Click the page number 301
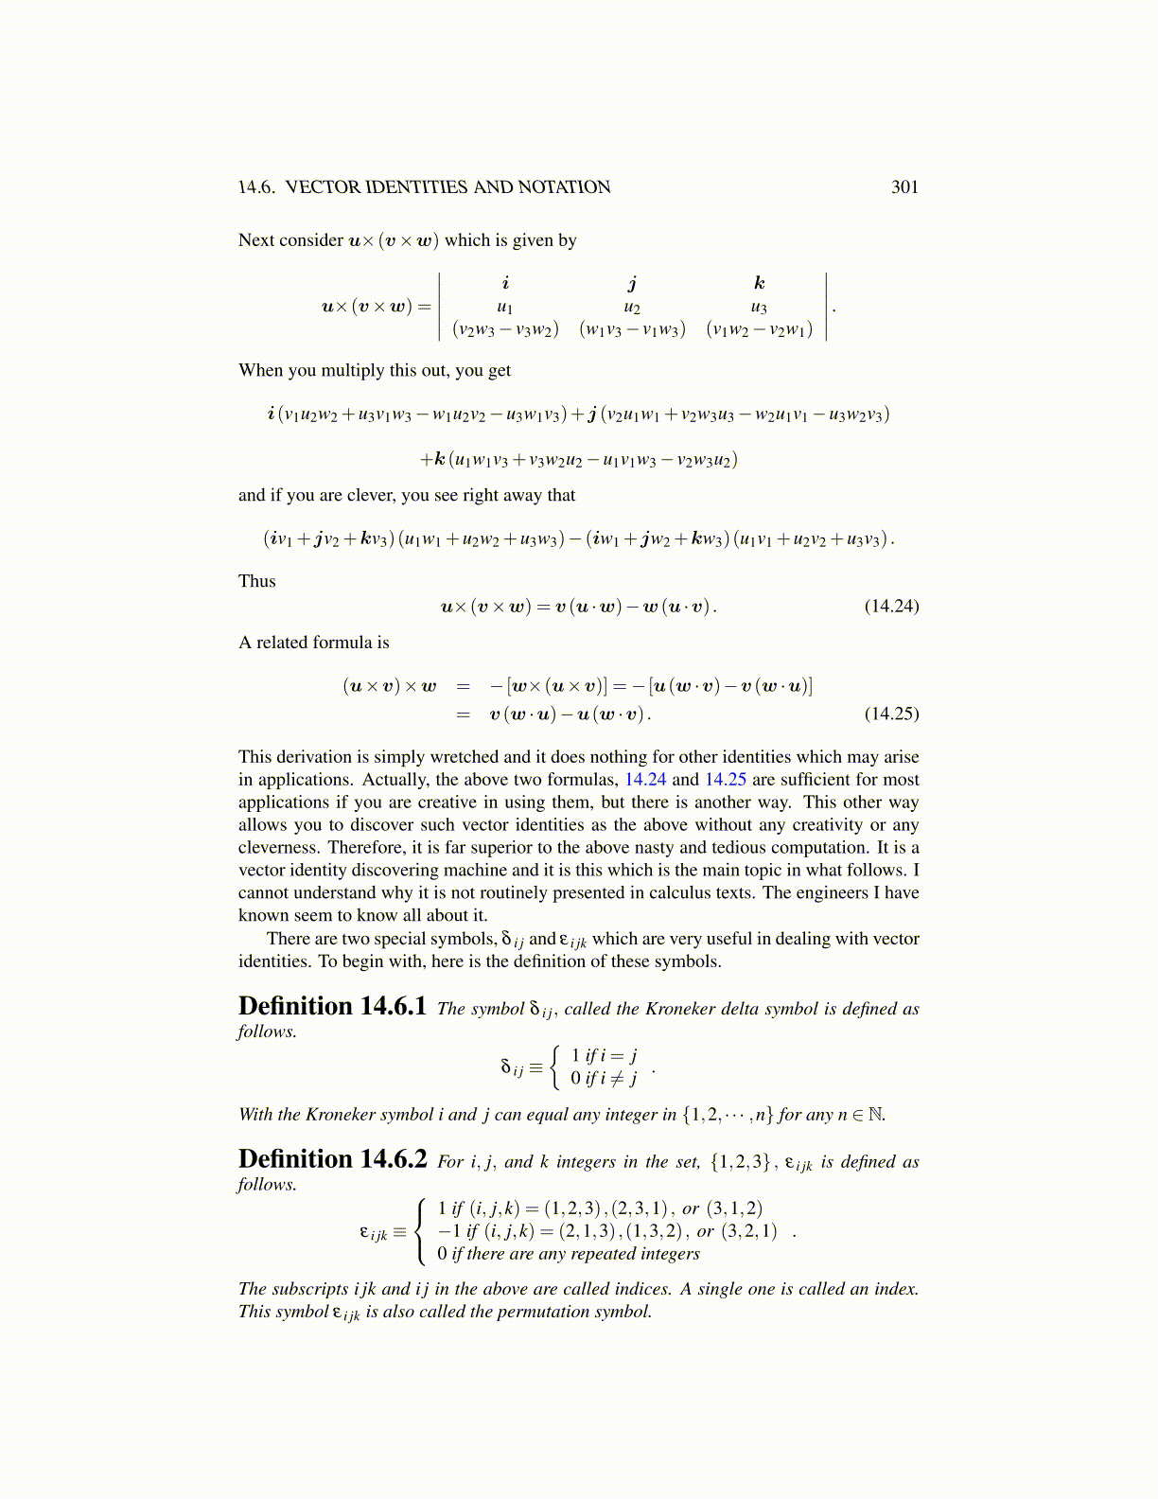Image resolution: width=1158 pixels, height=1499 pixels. [904, 187]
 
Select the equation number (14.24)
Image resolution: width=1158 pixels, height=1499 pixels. [891, 606]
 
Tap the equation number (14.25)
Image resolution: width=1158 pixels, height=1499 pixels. [891, 714]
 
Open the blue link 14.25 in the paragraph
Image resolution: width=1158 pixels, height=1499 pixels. [726, 780]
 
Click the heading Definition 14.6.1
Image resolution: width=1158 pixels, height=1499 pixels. [332, 1006]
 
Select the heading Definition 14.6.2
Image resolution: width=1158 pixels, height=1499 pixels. [332, 1159]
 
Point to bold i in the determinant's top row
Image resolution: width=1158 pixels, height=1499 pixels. [505, 283]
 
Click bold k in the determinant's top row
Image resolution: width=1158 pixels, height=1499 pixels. [759, 283]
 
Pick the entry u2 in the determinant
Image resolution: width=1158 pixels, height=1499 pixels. [632, 307]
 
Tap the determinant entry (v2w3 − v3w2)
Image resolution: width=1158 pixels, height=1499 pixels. [505, 329]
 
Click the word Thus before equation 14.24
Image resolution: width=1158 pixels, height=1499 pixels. [257, 581]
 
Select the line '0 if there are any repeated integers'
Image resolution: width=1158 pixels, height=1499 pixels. [569, 1254]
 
